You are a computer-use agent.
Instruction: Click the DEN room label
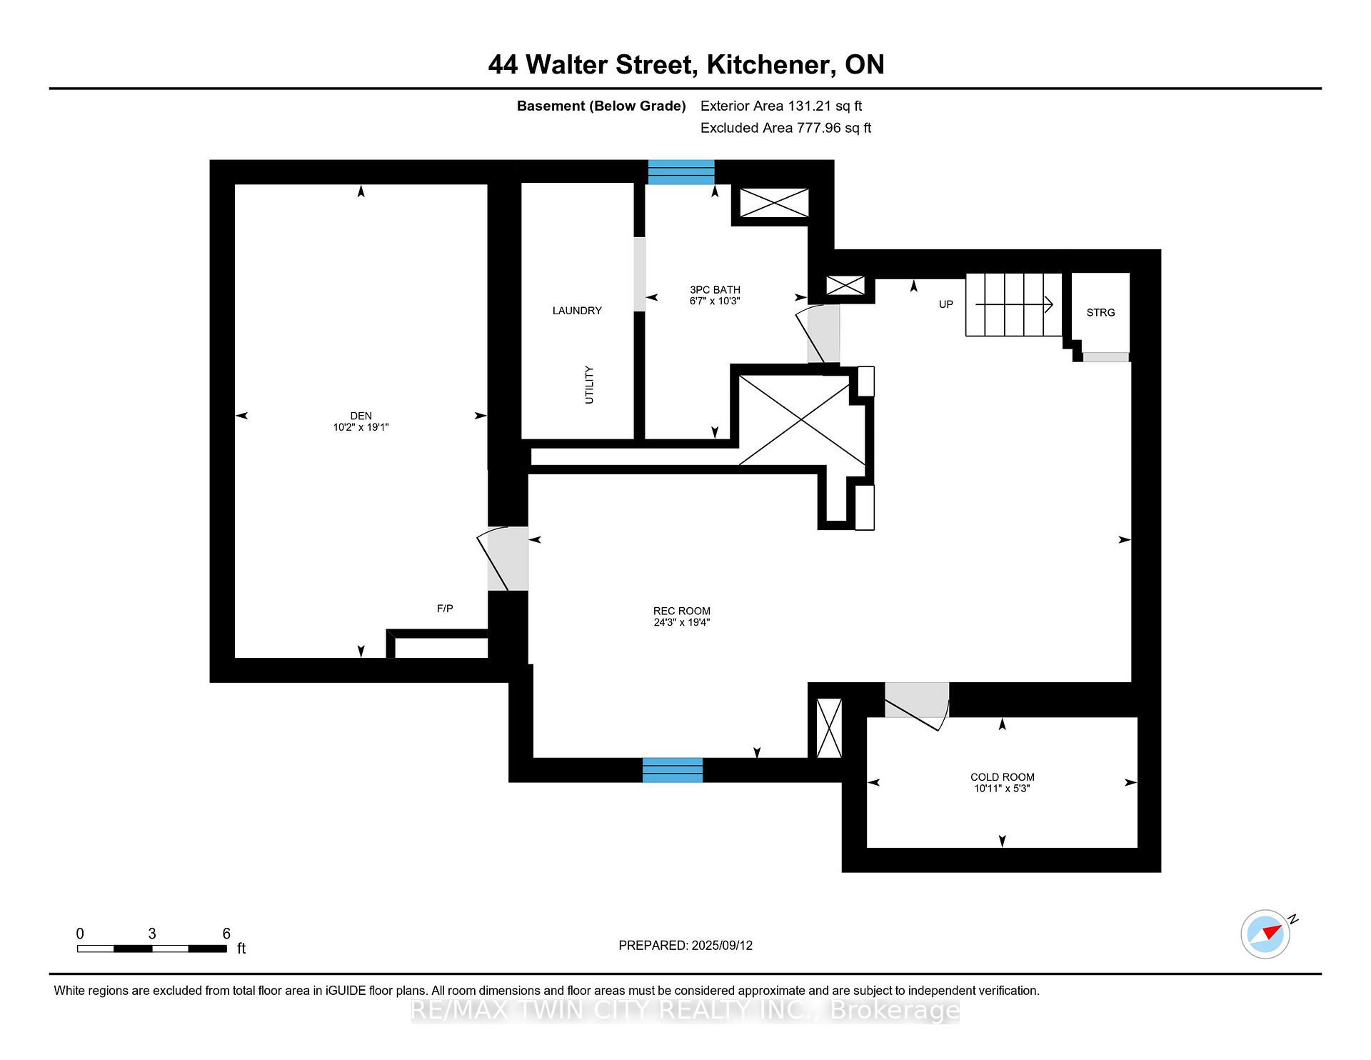361,416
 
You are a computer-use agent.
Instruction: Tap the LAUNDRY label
577,311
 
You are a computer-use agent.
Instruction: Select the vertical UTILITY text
589,385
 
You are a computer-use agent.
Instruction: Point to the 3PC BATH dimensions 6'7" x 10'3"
715,301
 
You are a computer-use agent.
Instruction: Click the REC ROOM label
682,611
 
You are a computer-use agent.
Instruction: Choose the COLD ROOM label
1003,777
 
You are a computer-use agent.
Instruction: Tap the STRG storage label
1100,313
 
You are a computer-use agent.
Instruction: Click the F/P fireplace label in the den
445,609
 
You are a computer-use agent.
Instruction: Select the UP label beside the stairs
946,304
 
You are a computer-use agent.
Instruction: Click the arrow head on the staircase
1049,304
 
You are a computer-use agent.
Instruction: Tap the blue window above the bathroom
681,172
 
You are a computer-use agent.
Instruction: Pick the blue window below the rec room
673,770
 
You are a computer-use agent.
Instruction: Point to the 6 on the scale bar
226,934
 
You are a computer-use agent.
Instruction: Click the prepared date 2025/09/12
722,946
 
